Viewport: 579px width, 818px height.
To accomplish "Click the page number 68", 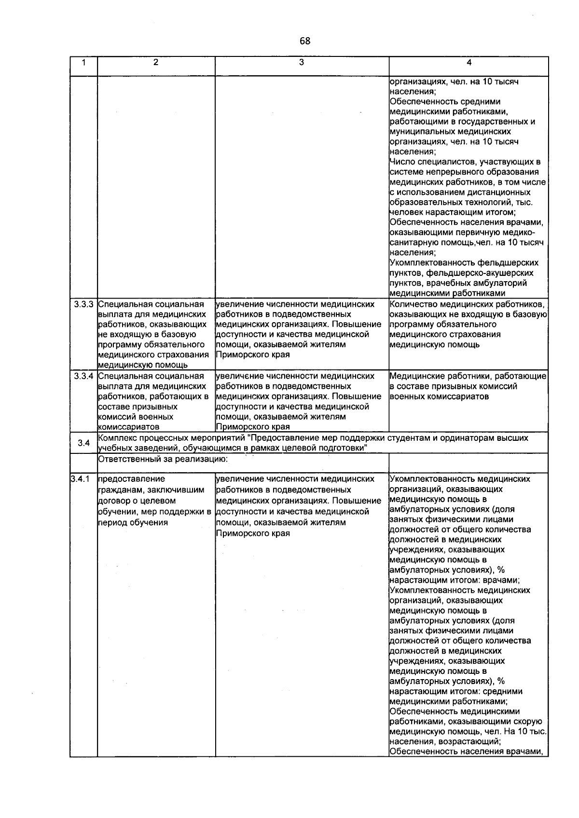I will click(304, 41).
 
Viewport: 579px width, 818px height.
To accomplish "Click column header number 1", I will click(83, 62).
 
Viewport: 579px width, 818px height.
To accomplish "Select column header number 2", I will click(155, 62).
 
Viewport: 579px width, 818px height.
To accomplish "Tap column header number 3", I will click(302, 62).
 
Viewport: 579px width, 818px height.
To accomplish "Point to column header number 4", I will click(469, 62).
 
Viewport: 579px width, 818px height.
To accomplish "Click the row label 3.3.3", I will click(83, 304).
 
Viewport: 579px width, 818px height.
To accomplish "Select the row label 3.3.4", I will click(83, 376).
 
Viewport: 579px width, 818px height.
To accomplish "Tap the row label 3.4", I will click(83, 443).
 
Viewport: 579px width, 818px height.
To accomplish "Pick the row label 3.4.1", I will click(80, 479).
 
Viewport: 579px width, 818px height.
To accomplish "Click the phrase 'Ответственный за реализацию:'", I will click(163, 460).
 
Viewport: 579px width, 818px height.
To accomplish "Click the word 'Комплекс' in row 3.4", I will click(115, 438).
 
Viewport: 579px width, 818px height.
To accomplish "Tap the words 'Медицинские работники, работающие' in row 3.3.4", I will click(468, 376).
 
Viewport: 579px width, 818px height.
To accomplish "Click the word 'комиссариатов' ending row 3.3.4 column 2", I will click(128, 427).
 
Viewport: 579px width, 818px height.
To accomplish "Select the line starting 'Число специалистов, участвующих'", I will click(465, 162).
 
